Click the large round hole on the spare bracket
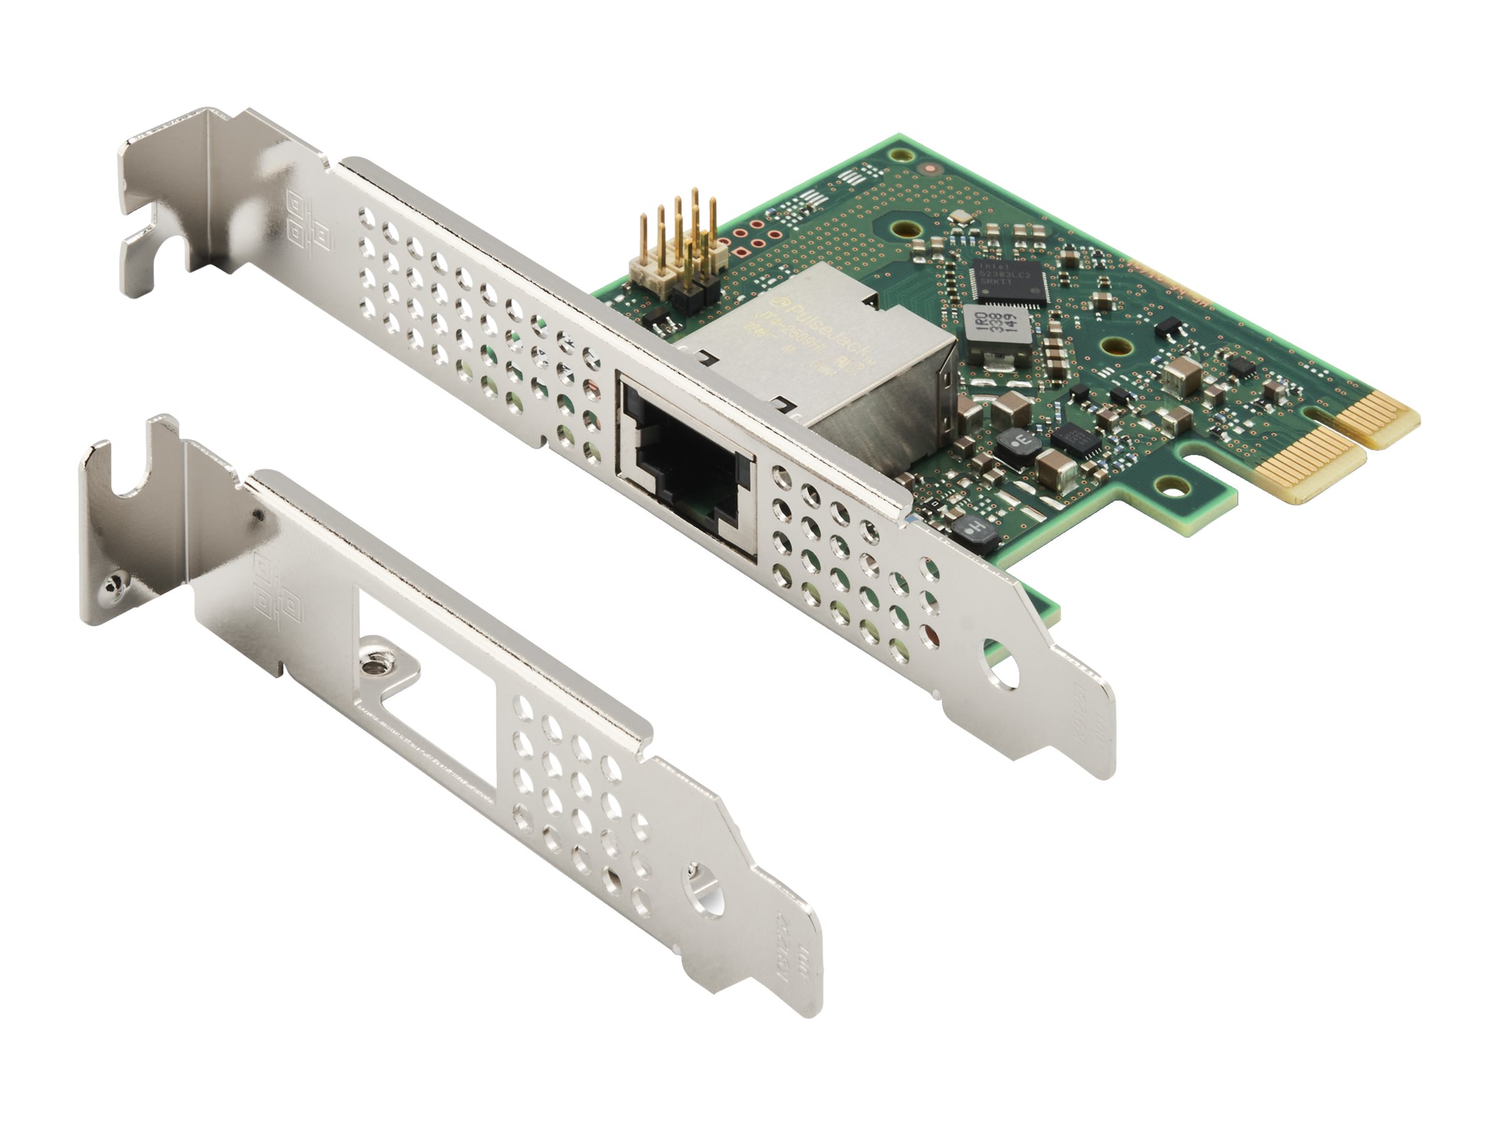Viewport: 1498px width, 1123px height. tap(705, 897)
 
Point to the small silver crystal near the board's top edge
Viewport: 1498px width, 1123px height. tap(959, 216)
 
